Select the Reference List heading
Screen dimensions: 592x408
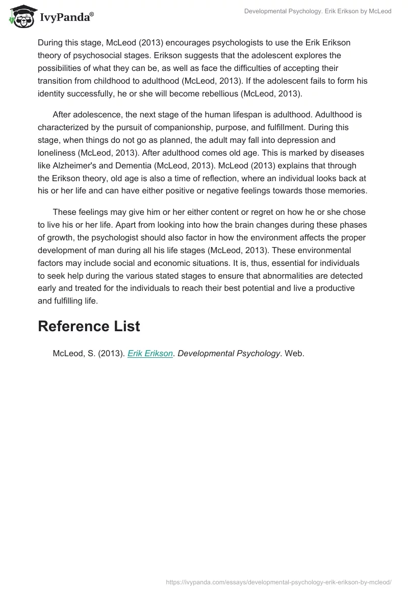click(x=89, y=326)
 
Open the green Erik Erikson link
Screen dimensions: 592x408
click(x=150, y=353)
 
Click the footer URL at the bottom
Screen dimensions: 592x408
click(x=279, y=582)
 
